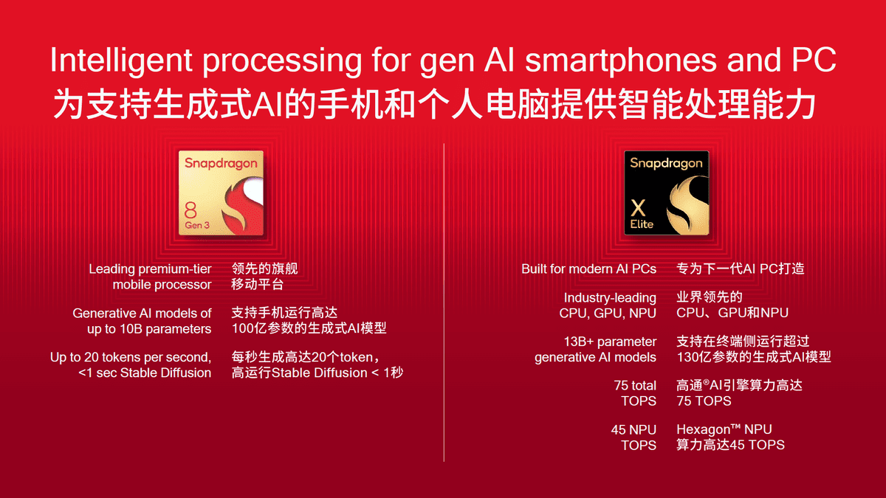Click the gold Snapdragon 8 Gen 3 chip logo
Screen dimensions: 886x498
221,193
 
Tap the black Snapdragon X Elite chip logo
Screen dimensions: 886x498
667,193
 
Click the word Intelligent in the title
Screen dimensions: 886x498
121,60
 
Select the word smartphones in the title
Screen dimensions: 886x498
621,60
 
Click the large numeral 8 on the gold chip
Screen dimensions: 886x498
190,210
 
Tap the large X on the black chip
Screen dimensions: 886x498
638,208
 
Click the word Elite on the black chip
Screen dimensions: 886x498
642,224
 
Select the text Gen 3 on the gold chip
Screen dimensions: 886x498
197,225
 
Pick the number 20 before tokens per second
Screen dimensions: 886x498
91,357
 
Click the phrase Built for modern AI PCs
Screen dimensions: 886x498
588,269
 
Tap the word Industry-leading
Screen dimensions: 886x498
610,297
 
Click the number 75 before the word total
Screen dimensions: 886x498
621,385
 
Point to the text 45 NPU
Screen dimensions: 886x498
633,429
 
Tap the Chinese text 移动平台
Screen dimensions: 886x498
258,285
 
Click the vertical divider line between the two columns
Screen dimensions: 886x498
444,302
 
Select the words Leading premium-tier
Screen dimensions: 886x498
151,269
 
